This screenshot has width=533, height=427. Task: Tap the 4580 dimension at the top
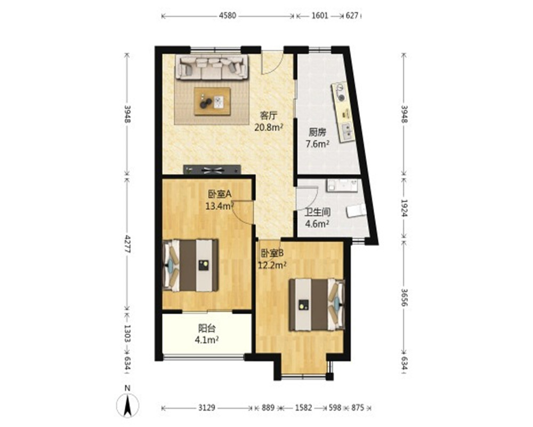click(x=228, y=15)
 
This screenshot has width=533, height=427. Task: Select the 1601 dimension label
click(x=319, y=15)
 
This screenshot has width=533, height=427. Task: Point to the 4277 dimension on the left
click(x=127, y=243)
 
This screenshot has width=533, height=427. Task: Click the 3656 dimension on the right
click(x=404, y=297)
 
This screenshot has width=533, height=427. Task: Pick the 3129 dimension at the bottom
click(x=206, y=407)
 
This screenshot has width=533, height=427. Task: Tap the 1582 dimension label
click(x=303, y=407)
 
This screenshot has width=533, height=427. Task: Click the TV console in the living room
click(x=212, y=170)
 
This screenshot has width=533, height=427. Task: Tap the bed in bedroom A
click(x=190, y=266)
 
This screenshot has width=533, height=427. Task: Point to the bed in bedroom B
click(x=317, y=305)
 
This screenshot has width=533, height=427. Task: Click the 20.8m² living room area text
click(x=269, y=127)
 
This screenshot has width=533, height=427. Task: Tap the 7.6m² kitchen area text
click(x=318, y=144)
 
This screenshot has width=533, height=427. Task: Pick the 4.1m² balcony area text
click(x=207, y=339)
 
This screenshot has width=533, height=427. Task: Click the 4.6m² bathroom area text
click(x=317, y=224)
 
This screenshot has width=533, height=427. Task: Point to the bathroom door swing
click(x=308, y=199)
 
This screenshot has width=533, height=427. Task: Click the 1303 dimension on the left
click(x=127, y=333)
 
